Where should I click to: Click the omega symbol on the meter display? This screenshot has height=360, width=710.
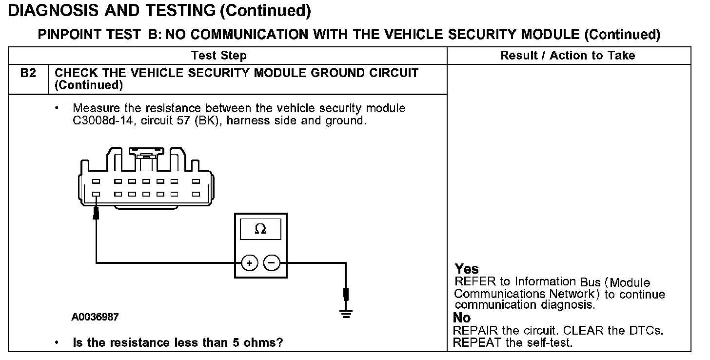[260, 229]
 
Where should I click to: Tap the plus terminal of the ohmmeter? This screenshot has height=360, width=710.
[249, 263]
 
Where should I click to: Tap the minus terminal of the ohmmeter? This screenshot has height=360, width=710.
[272, 263]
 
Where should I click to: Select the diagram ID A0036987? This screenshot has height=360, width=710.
[95, 317]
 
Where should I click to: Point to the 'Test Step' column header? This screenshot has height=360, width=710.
[218, 56]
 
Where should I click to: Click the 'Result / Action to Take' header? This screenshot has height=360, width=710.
[568, 56]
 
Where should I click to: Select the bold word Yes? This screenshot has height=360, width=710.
[467, 269]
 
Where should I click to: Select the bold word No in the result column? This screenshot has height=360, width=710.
[462, 318]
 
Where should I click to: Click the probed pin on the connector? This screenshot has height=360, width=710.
[96, 194]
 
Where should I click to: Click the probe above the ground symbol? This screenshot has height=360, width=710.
[346, 294]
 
